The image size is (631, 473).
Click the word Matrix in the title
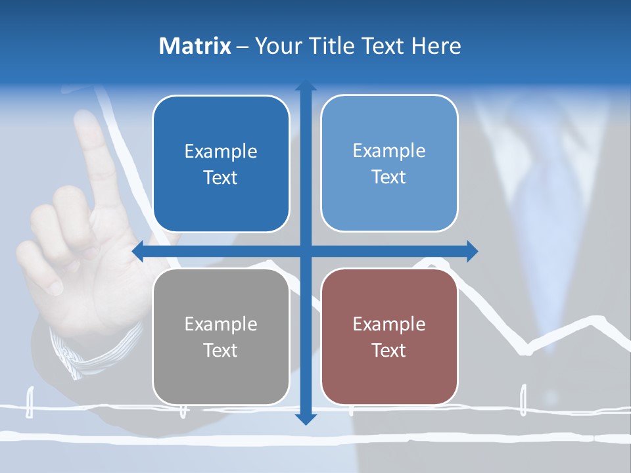pyautogui.click(x=195, y=46)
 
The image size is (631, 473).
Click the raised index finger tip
pyautogui.click(x=86, y=122)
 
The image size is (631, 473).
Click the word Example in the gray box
pyautogui.click(x=221, y=324)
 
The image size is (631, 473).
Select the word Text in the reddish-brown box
pyautogui.click(x=389, y=350)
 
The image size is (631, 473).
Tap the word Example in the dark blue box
pyautogui.click(x=221, y=151)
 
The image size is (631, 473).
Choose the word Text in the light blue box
pyautogui.click(x=389, y=177)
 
